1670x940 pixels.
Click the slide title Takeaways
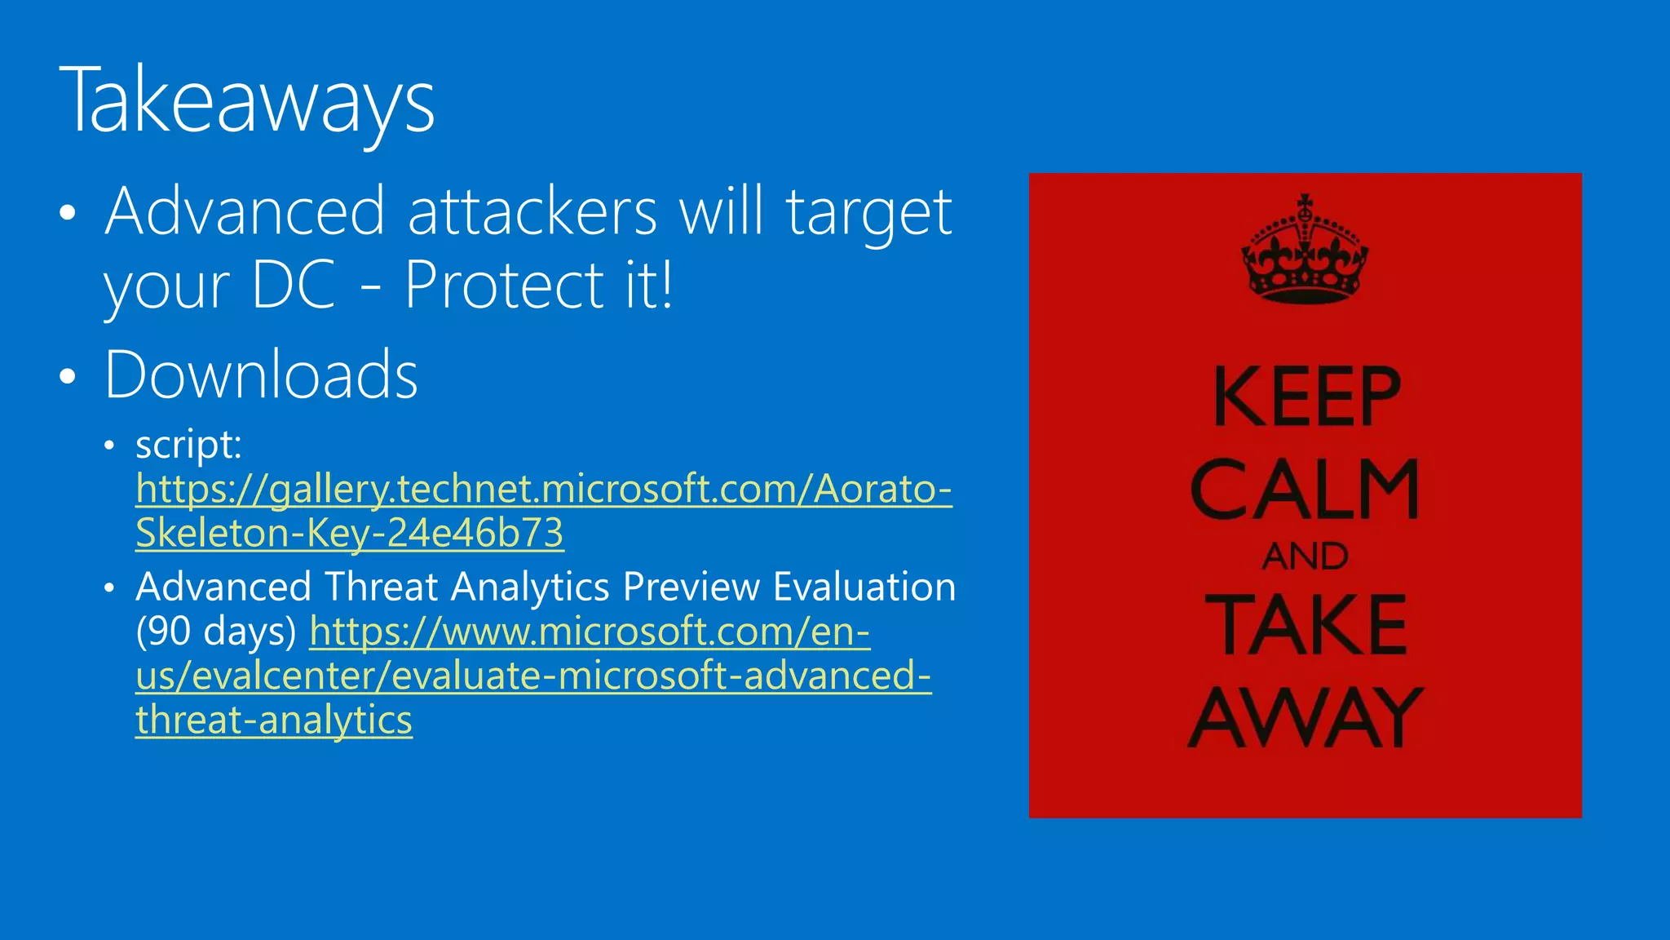(247, 101)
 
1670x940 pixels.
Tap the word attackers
(532, 211)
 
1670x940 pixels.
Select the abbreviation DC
(294, 285)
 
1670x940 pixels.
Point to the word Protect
(502, 285)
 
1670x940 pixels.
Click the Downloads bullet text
(261, 375)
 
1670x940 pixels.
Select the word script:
(188, 445)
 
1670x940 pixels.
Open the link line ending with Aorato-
(544, 489)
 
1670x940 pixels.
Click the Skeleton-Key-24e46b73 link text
(349, 533)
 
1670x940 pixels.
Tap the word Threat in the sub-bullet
(382, 587)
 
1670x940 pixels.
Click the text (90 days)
(216, 631)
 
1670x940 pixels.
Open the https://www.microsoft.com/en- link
(590, 631)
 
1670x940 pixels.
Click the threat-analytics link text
(274, 720)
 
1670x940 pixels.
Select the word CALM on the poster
(1305, 489)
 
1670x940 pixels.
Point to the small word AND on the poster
(1305, 556)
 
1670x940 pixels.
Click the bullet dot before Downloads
(68, 376)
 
